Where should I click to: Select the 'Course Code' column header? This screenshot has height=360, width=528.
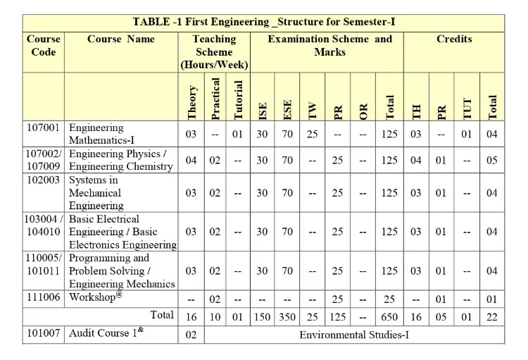pyautogui.click(x=44, y=46)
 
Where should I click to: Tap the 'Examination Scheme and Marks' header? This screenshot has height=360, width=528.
pyautogui.click(x=329, y=46)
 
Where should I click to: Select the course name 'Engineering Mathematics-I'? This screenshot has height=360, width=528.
pyautogui.click(x=96, y=134)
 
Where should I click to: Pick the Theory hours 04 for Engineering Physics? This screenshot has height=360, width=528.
pyautogui.click(x=191, y=161)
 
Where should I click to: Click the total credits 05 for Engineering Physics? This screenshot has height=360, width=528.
pyautogui.click(x=492, y=161)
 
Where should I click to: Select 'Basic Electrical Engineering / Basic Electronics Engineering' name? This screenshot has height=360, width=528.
pyautogui.click(x=122, y=232)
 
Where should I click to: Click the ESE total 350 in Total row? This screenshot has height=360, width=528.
pyautogui.click(x=287, y=318)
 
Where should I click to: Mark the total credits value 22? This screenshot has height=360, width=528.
pyautogui.click(x=492, y=318)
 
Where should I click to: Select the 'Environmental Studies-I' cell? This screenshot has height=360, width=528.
pyautogui.click(x=354, y=335)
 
